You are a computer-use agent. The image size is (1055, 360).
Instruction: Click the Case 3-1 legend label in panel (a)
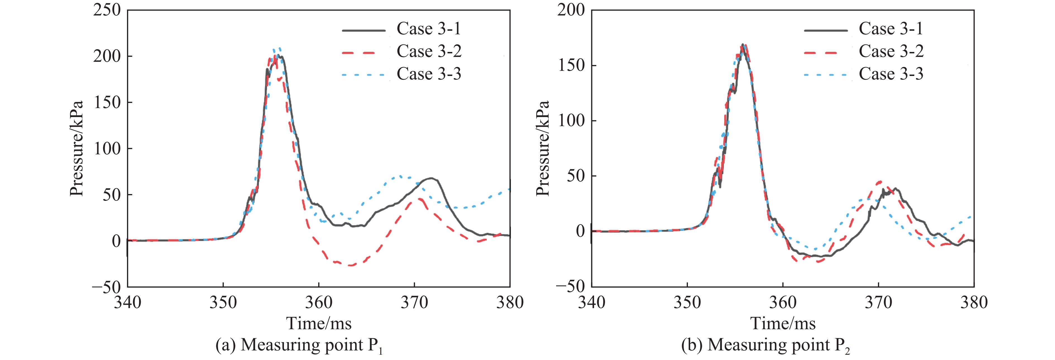click(429, 29)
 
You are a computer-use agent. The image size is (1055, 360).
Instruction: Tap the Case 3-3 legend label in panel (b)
click(891, 74)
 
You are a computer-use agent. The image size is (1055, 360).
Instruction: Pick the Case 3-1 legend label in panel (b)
click(891, 29)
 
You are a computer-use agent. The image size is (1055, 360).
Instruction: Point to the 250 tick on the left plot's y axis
click(107, 10)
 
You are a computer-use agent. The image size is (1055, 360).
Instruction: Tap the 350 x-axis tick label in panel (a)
click(223, 303)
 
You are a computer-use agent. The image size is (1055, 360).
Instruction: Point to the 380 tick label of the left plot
click(510, 303)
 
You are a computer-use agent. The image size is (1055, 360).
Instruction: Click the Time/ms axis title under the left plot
click(319, 323)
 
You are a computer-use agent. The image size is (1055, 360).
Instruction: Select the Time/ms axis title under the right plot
click(783, 323)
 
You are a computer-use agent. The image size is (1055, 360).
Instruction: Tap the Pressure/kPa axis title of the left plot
click(76, 148)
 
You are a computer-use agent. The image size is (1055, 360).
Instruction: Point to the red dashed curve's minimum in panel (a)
click(350, 265)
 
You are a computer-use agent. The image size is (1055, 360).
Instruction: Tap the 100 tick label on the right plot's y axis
click(572, 121)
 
